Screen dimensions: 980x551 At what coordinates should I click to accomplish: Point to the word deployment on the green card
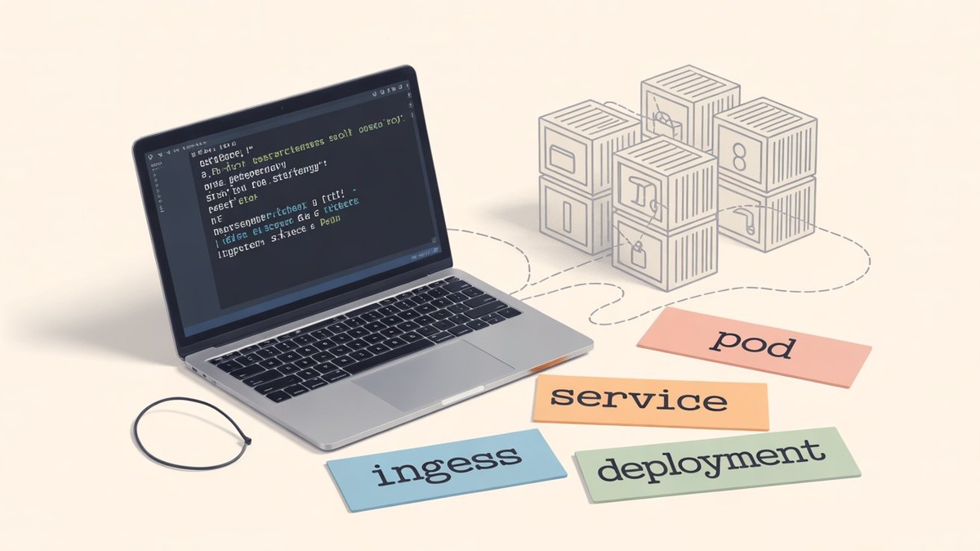(707, 464)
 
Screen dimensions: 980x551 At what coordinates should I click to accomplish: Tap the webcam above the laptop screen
(282, 107)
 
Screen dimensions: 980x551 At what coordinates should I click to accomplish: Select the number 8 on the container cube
(739, 157)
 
